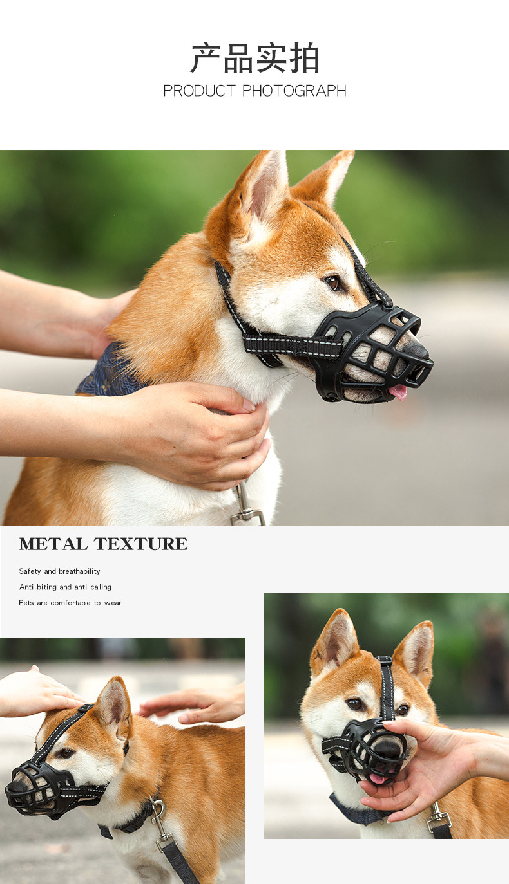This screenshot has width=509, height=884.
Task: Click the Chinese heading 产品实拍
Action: (254, 59)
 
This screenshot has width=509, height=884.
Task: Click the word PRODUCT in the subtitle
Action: (200, 91)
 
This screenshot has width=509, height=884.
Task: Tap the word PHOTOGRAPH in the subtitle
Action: (294, 91)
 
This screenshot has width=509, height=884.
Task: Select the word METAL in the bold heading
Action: (53, 544)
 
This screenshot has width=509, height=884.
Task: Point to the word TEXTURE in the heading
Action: (140, 544)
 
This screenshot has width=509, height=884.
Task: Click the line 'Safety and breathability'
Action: (59, 571)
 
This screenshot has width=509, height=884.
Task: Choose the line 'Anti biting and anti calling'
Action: (65, 587)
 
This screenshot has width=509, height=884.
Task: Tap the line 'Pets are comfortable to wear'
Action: (70, 603)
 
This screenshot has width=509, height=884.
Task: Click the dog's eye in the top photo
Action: (332, 282)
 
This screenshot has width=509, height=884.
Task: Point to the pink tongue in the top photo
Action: (398, 391)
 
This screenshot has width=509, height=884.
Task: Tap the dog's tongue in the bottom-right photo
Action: (378, 778)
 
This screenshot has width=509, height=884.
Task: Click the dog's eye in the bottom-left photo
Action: (66, 753)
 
